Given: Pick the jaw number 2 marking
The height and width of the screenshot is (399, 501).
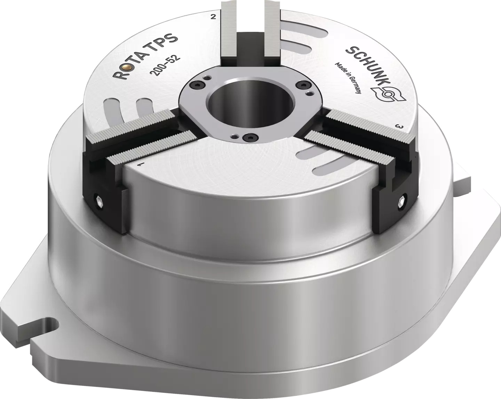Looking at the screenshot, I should (x=213, y=17).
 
